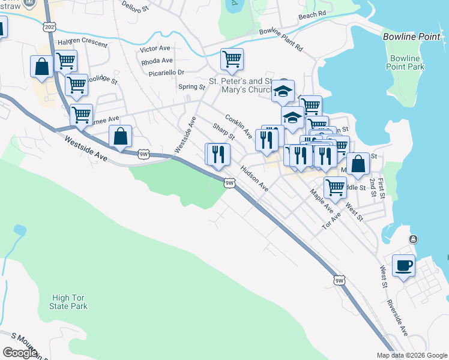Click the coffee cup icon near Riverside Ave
click(403, 265)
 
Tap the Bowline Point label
click(411, 37)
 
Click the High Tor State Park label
click(70, 302)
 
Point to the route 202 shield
click(49, 27)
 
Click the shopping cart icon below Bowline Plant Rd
click(232, 59)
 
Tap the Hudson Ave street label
click(254, 179)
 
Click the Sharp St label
click(223, 131)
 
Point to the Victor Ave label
click(156, 49)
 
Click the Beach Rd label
click(312, 14)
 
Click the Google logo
click(20, 352)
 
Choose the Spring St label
click(192, 87)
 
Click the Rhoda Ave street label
click(157, 61)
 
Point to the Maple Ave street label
click(321, 201)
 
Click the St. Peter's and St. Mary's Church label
click(243, 86)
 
